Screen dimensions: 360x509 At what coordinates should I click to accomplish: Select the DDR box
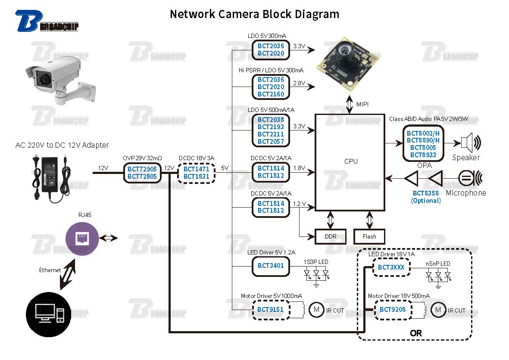pos(331,236)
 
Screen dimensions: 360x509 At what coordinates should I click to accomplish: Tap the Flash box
pos(369,236)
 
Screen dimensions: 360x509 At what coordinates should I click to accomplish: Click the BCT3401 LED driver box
pos(271,265)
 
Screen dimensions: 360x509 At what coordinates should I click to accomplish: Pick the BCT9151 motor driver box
pos(270,310)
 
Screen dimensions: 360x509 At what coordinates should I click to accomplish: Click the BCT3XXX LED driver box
pos(391,267)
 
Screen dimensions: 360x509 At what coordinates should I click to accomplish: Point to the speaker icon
pos(471,143)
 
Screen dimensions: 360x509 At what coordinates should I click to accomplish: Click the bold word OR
pos(416,333)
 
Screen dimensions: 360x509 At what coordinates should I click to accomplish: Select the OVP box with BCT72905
pos(142,173)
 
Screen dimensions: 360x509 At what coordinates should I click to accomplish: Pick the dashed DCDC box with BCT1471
pos(196,173)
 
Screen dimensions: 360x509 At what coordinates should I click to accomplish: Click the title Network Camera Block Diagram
pos(254,14)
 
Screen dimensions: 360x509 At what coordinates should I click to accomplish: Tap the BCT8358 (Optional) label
pos(426,197)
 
